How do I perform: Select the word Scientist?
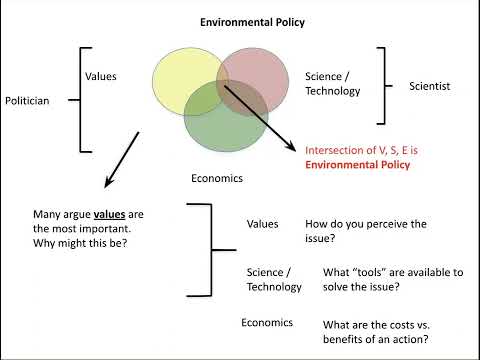430,87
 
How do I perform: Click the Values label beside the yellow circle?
102,75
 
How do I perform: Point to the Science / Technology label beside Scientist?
328,84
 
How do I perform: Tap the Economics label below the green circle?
217,179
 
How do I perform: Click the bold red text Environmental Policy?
358,165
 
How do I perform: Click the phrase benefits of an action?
375,337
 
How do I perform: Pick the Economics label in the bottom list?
267,322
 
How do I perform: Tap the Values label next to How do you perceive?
262,225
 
